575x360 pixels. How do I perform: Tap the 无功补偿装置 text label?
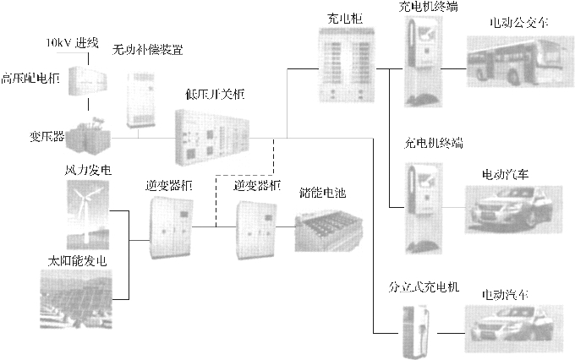(148, 50)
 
